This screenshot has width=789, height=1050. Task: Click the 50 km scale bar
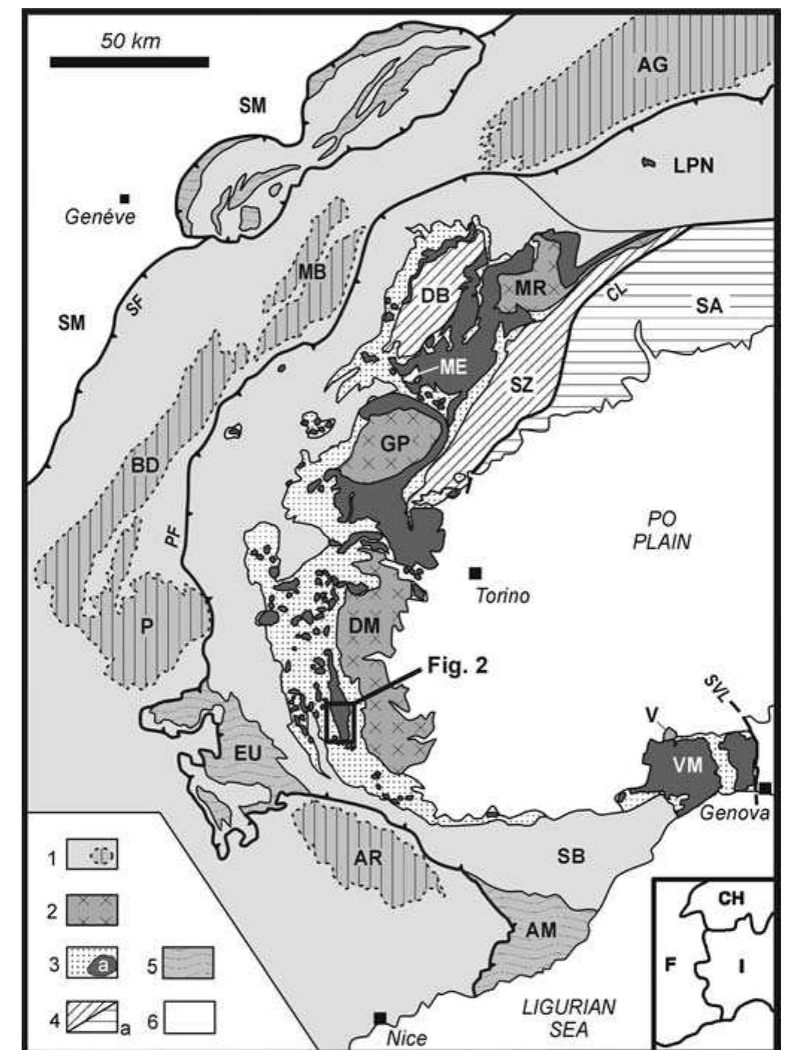click(129, 61)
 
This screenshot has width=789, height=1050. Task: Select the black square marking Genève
click(125, 198)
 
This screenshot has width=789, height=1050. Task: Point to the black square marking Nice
click(380, 1017)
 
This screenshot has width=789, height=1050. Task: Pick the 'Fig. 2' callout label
click(457, 665)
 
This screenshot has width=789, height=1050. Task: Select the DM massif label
click(365, 627)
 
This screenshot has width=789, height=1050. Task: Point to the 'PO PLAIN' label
click(661, 530)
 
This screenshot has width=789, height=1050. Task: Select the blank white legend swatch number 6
click(189, 1017)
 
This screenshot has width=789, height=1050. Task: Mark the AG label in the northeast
click(652, 64)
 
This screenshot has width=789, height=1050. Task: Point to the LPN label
click(694, 166)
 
